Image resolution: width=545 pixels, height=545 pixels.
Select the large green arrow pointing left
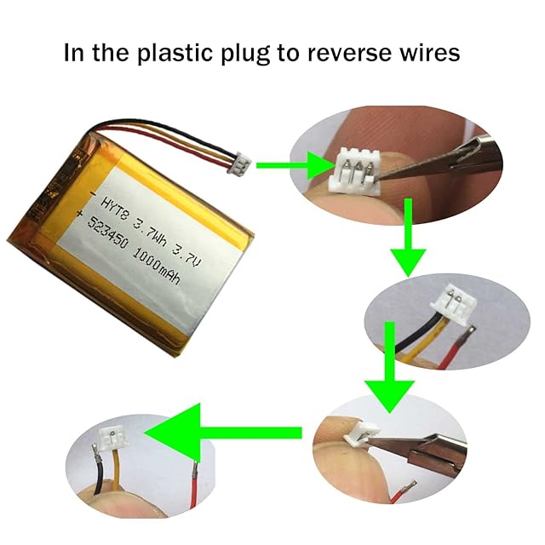coord(226,433)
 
